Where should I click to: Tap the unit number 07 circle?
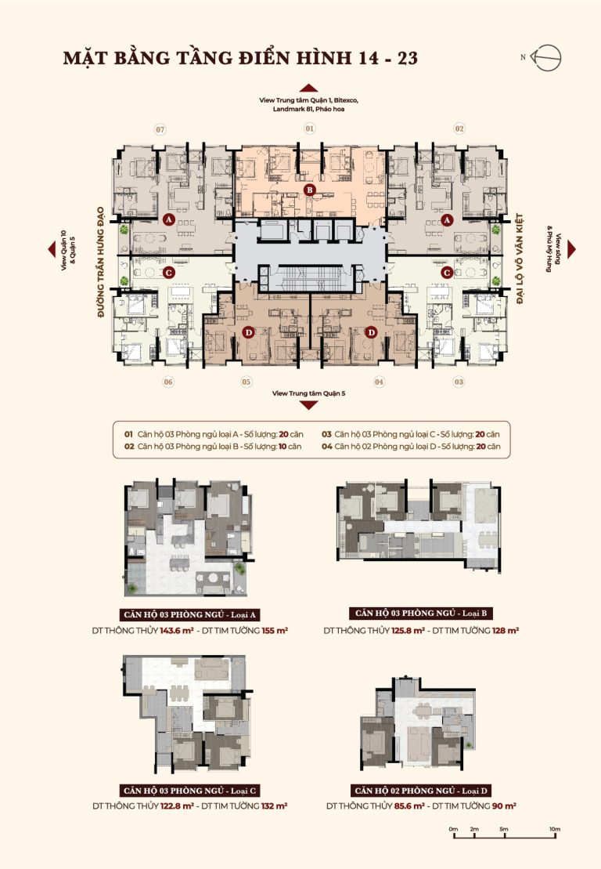[160, 130]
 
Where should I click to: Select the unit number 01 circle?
[309, 129]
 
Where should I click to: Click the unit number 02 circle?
[459, 129]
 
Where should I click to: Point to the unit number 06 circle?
[167, 382]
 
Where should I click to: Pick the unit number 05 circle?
[247, 382]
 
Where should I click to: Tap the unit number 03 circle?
[459, 382]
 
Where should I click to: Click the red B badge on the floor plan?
[309, 190]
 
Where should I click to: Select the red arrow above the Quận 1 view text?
[308, 88]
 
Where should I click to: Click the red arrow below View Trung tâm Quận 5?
[308, 405]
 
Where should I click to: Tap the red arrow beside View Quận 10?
[52, 249]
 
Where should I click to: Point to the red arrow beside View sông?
[572, 249]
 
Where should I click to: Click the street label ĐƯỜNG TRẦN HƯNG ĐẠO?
[101, 263]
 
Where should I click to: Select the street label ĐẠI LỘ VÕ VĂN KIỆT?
[520, 259]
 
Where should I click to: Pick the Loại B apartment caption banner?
[420, 613]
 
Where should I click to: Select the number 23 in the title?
[407, 58]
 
